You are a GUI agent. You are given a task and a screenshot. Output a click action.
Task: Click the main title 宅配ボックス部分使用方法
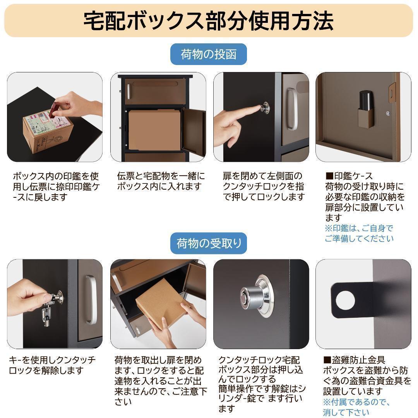pyautogui.click(x=209, y=21)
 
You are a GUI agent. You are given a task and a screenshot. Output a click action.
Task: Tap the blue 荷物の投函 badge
pyautogui.click(x=209, y=54)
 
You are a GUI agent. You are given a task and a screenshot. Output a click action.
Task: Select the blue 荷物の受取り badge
pyautogui.click(x=209, y=243)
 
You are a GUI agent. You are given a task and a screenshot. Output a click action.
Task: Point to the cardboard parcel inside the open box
pyautogui.click(x=155, y=130)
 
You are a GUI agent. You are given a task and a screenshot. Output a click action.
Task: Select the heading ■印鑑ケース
pyautogui.click(x=349, y=176)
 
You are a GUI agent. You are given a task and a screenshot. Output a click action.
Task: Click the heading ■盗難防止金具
pyautogui.click(x=349, y=360)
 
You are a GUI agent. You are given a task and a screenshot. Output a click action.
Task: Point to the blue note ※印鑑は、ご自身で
pyautogui.click(x=359, y=228)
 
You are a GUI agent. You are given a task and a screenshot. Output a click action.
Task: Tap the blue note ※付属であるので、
pyautogui.click(x=356, y=402)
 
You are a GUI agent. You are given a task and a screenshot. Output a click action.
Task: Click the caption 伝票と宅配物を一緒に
pyautogui.click(x=161, y=176)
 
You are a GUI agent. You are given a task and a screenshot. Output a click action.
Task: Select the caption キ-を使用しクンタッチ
pyautogui.click(x=52, y=360)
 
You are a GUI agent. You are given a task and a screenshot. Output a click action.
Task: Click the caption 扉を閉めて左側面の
pyautogui.click(x=262, y=176)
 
